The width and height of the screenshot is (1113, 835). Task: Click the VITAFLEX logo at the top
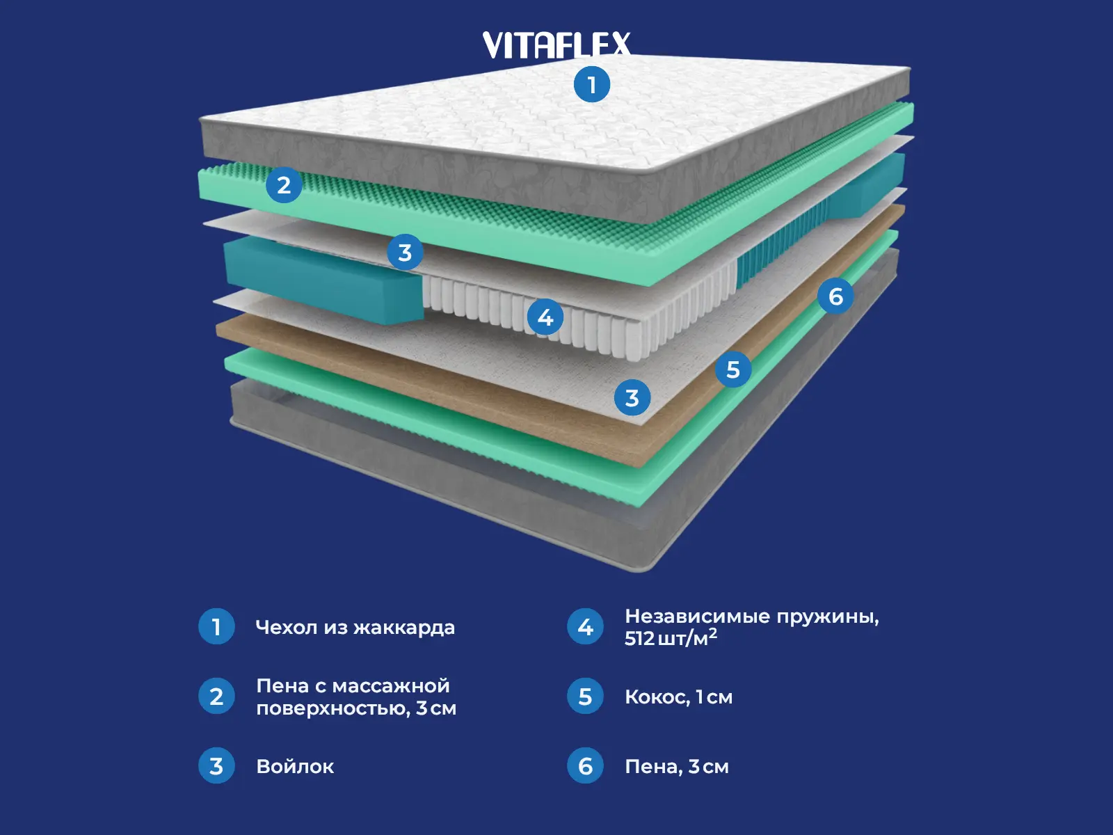(556, 45)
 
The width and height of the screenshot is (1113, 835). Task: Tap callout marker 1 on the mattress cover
(591, 85)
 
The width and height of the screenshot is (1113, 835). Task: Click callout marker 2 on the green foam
(284, 186)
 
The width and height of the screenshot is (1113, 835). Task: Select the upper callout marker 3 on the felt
(405, 253)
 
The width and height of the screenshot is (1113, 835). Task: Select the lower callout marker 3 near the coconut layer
(632, 398)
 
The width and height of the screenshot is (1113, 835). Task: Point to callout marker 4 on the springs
(545, 317)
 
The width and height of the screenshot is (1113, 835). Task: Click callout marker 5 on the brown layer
(733, 369)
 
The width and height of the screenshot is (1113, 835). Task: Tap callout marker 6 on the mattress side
(835, 296)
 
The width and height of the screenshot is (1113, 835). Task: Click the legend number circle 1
(216, 627)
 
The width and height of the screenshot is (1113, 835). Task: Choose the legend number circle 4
(585, 627)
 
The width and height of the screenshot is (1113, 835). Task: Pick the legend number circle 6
(585, 766)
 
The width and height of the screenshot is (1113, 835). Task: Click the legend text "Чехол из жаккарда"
(355, 628)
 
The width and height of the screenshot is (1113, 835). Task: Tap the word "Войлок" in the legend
(295, 767)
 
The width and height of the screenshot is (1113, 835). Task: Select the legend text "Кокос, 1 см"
(678, 697)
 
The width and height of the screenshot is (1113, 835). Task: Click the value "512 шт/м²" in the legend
(671, 638)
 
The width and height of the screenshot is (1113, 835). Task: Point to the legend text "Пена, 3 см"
(676, 767)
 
